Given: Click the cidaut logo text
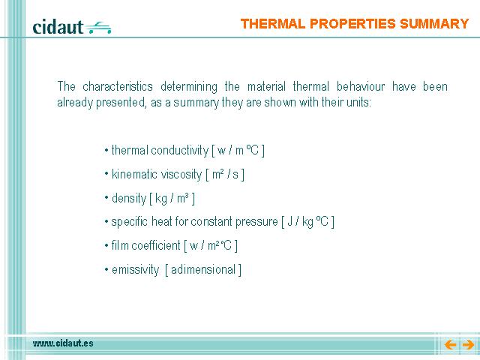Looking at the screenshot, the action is tap(58, 27).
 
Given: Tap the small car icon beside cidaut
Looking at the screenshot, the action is tap(98, 28).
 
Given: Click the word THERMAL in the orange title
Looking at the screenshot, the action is tap(273, 23).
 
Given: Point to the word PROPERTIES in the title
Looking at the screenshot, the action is tap(352, 23).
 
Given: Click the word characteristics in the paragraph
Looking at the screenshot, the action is tap(118, 86).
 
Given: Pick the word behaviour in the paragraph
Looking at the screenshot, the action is tap(361, 86).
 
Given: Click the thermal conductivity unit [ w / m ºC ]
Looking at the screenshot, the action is tap(238, 150).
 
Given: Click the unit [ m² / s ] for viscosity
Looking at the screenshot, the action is tap(225, 175).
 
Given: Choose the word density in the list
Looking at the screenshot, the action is tap(129, 198).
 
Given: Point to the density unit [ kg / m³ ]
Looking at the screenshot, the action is tap(172, 199).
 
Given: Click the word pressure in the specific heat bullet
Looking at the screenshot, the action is tap(256, 222).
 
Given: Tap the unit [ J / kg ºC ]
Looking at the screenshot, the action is tap(308, 222).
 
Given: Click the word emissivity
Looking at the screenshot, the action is tap(135, 270).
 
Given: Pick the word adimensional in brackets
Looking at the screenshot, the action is tap(203, 270).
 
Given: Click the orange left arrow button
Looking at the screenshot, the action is tap(450, 345).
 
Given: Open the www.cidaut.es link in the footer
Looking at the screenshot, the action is tap(63, 343).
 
